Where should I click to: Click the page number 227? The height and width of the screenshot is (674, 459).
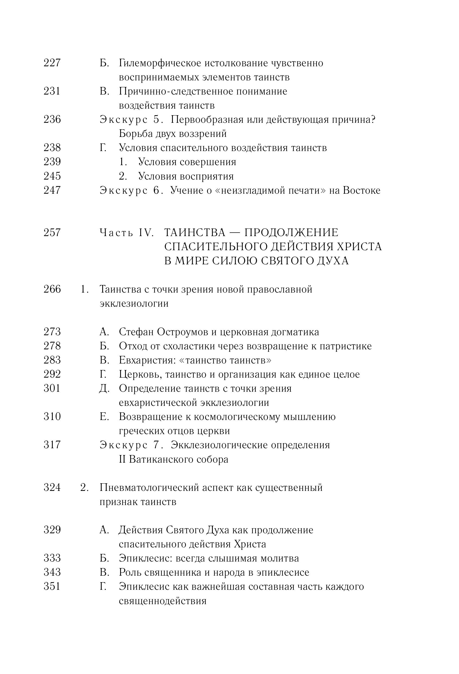pyautogui.click(x=52, y=63)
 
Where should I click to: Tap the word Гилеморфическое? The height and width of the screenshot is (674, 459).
pyautogui.click(x=160, y=63)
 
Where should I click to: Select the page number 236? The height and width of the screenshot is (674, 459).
pyautogui.click(x=52, y=120)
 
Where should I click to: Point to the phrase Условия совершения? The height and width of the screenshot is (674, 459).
pyautogui.click(x=187, y=162)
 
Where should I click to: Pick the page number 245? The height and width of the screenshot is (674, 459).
pyautogui.click(x=52, y=176)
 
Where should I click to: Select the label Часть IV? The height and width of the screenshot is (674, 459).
pyautogui.click(x=126, y=233)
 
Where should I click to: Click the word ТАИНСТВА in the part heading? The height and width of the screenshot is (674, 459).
pyautogui.click(x=195, y=233)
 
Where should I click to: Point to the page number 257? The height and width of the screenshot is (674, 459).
pyautogui.click(x=52, y=233)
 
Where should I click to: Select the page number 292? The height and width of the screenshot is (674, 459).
pyautogui.click(x=52, y=374)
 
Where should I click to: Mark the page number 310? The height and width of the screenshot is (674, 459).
pyautogui.click(x=52, y=417)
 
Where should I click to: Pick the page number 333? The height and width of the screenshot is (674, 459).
pyautogui.click(x=52, y=558)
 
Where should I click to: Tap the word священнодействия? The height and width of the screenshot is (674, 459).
pyautogui.click(x=163, y=601)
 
